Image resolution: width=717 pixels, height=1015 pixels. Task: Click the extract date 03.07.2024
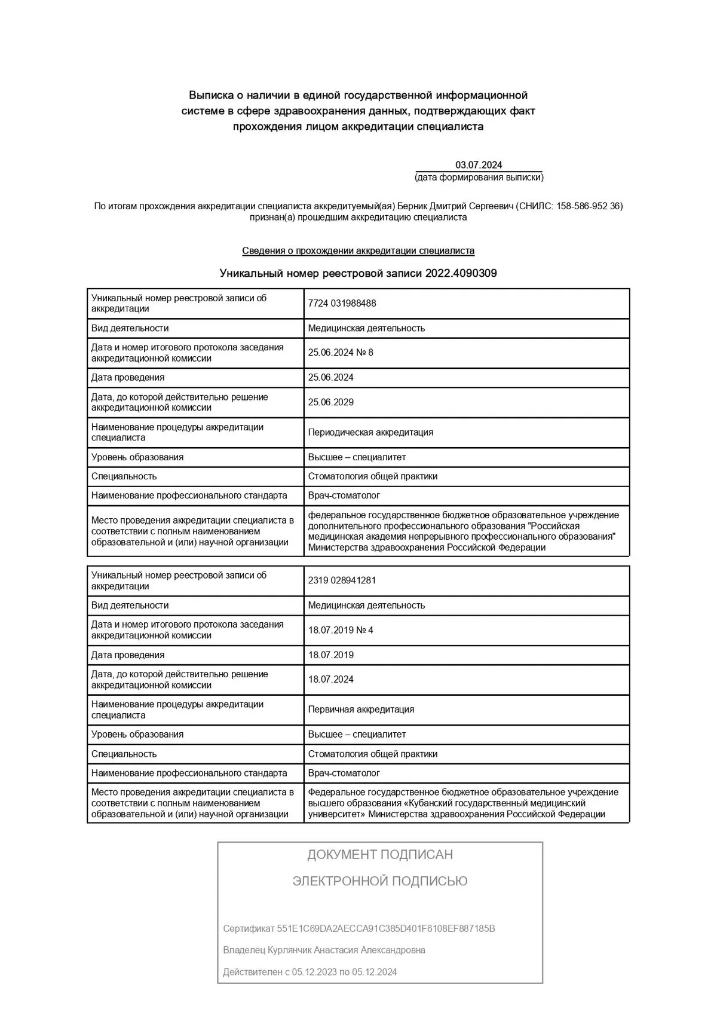click(x=479, y=165)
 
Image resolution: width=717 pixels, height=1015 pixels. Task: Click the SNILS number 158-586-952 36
click(x=589, y=206)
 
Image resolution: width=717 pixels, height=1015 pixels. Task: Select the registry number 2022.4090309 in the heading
click(x=461, y=273)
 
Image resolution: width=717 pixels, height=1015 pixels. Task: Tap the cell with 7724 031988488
click(x=342, y=303)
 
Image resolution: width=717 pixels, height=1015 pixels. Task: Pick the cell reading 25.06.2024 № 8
click(x=341, y=353)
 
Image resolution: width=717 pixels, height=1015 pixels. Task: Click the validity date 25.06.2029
click(x=330, y=402)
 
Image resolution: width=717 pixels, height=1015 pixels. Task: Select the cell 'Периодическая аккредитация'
click(x=370, y=432)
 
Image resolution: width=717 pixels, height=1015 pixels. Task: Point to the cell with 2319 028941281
click(x=342, y=580)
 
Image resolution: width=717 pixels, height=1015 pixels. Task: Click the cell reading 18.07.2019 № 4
click(x=341, y=630)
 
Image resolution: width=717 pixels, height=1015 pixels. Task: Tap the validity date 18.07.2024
click(x=330, y=679)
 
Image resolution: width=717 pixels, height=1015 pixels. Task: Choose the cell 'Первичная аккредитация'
click(x=361, y=710)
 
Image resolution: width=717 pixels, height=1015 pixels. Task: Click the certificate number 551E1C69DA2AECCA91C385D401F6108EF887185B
click(x=386, y=928)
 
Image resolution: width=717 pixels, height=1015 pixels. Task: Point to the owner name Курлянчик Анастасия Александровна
click(x=347, y=950)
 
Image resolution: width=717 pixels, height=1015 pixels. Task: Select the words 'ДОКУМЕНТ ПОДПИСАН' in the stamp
click(x=380, y=855)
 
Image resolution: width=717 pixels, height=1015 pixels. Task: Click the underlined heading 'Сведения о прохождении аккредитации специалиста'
click(x=358, y=251)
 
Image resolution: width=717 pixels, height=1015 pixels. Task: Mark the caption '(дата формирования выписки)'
click(x=479, y=178)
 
